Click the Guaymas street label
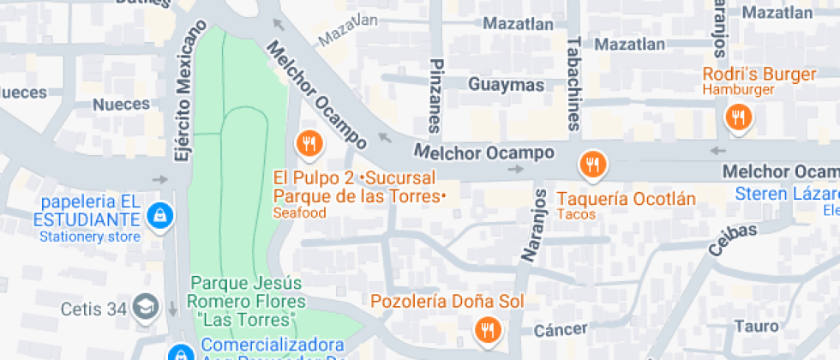click(507, 85)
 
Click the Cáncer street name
click(561, 330)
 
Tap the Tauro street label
click(757, 327)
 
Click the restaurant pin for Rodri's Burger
click(737, 117)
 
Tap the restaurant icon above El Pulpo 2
click(309, 144)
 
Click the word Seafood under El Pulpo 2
click(299, 213)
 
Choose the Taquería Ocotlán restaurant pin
click(592, 163)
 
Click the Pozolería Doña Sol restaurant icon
click(488, 329)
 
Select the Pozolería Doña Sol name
click(447, 302)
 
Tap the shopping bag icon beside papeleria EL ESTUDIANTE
click(159, 216)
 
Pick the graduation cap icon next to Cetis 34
click(147, 307)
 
